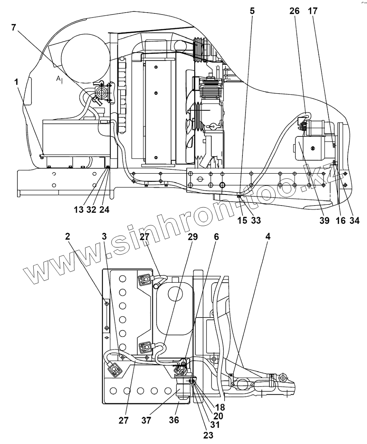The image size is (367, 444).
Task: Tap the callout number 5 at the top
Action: coord(252,11)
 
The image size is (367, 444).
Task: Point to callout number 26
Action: coord(294,11)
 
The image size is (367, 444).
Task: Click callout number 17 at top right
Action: coord(312,11)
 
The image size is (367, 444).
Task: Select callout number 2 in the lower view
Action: coord(68,236)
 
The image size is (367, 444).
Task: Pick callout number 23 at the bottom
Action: coord(208,435)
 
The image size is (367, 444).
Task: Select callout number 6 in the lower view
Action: coord(216,236)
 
